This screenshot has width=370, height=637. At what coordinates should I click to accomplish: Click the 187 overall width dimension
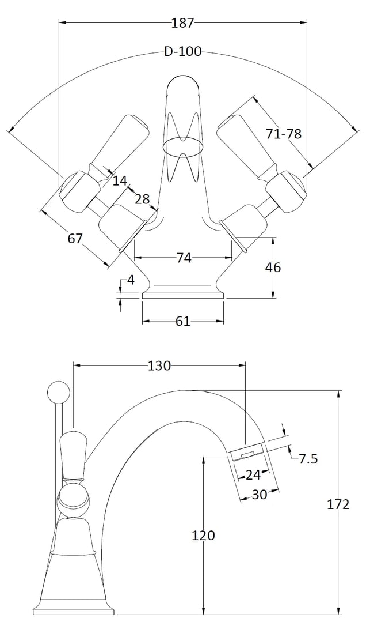pos(182,22)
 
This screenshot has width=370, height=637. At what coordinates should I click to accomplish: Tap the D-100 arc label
pos(182,52)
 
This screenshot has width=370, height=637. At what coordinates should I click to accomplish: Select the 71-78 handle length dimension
pos(284,134)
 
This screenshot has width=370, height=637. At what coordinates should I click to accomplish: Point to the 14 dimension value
pos(120,180)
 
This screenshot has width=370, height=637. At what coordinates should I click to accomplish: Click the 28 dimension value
pos(142,199)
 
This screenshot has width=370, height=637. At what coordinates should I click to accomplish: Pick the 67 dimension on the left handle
pos(75,239)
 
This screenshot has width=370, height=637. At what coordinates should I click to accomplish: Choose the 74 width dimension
pos(184,258)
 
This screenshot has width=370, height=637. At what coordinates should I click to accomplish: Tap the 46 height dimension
pos(273,267)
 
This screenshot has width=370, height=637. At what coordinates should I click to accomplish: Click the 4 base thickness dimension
pos(130,280)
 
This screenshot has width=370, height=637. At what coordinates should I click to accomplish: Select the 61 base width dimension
pos(183,321)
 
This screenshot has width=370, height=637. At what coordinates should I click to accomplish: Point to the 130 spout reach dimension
pos(159,365)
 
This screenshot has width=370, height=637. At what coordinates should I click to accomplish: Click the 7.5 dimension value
pos(308,459)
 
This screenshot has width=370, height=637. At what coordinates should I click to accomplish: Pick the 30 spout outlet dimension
pos(260,495)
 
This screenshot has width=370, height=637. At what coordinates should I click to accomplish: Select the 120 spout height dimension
pos(203,536)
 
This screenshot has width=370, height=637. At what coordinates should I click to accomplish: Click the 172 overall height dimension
pos(338,504)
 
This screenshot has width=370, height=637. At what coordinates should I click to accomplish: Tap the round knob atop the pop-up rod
pos(59,393)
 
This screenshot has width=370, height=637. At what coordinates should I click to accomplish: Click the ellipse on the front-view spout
pos(182,146)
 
